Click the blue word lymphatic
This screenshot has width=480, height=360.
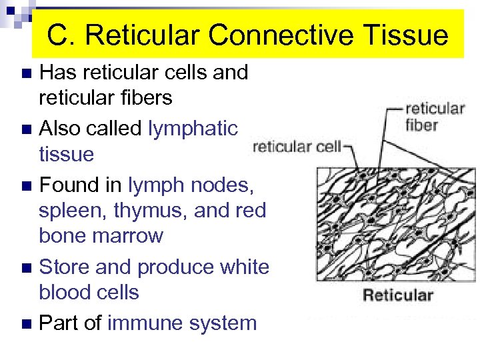click(x=193, y=127)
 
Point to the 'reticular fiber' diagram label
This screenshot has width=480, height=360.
click(x=435, y=116)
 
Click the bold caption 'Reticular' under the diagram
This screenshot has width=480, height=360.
click(x=397, y=295)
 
